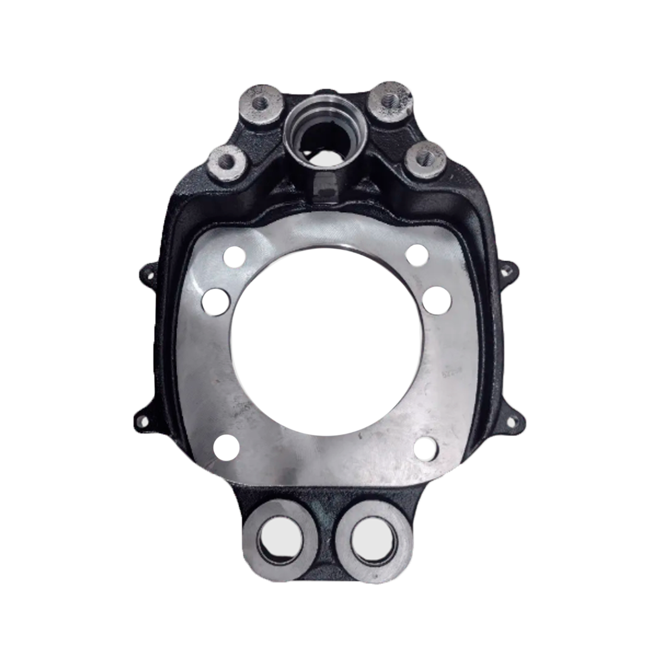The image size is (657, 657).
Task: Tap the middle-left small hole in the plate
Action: point(215,301)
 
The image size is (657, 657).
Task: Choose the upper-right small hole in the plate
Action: point(417,255)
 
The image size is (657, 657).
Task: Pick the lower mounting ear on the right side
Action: point(512,422)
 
